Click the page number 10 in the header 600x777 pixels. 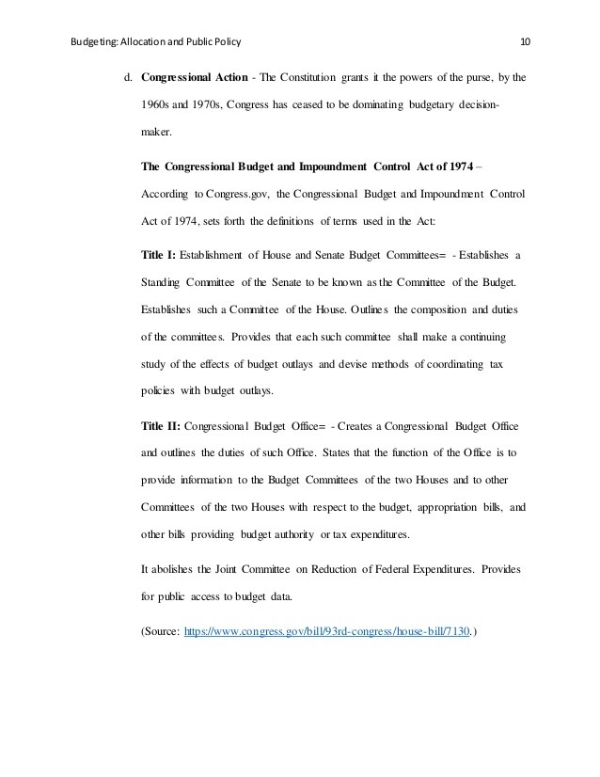coord(525,42)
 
